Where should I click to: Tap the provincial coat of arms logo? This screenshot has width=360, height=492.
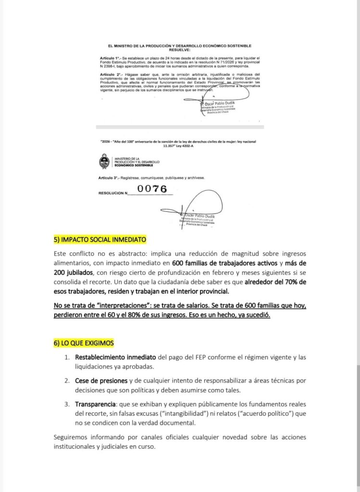(104, 161)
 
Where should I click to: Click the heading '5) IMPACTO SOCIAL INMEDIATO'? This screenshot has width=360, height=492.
(100, 239)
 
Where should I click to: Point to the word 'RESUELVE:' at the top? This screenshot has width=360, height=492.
(178, 48)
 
